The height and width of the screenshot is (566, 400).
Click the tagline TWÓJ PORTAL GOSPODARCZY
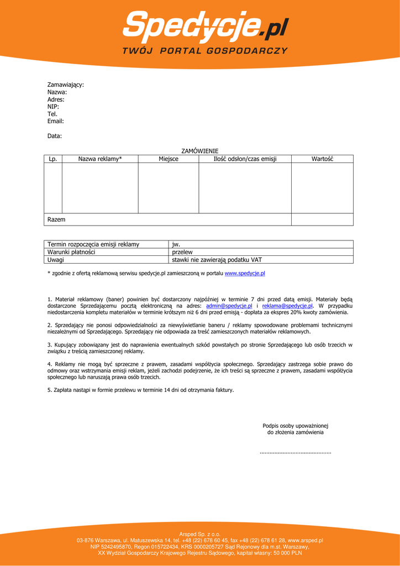tap(205, 50)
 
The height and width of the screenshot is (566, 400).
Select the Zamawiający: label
tap(65, 85)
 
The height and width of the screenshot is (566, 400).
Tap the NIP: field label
tap(53, 107)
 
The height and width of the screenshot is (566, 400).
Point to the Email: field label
tap(56, 121)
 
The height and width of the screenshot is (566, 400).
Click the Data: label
tap(55, 136)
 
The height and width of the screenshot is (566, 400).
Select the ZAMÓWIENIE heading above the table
tap(200, 151)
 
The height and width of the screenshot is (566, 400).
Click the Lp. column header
tap(53, 159)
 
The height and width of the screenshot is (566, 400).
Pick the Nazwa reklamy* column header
tap(100, 159)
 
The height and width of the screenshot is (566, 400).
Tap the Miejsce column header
tap(169, 159)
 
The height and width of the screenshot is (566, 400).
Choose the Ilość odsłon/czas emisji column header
tap(245, 159)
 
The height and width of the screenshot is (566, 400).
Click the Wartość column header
tap(322, 159)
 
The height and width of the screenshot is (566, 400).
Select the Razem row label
tap(56, 219)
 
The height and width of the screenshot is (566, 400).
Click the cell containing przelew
tap(182, 252)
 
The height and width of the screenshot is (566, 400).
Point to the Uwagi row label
tap(56, 260)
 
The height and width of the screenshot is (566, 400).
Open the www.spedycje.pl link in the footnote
tap(245, 274)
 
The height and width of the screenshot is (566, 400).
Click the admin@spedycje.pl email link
tap(229, 306)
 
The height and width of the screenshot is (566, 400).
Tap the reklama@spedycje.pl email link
tap(287, 306)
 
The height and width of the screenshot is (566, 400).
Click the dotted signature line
tap(295, 453)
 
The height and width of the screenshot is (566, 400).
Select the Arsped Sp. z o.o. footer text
tap(199, 534)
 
